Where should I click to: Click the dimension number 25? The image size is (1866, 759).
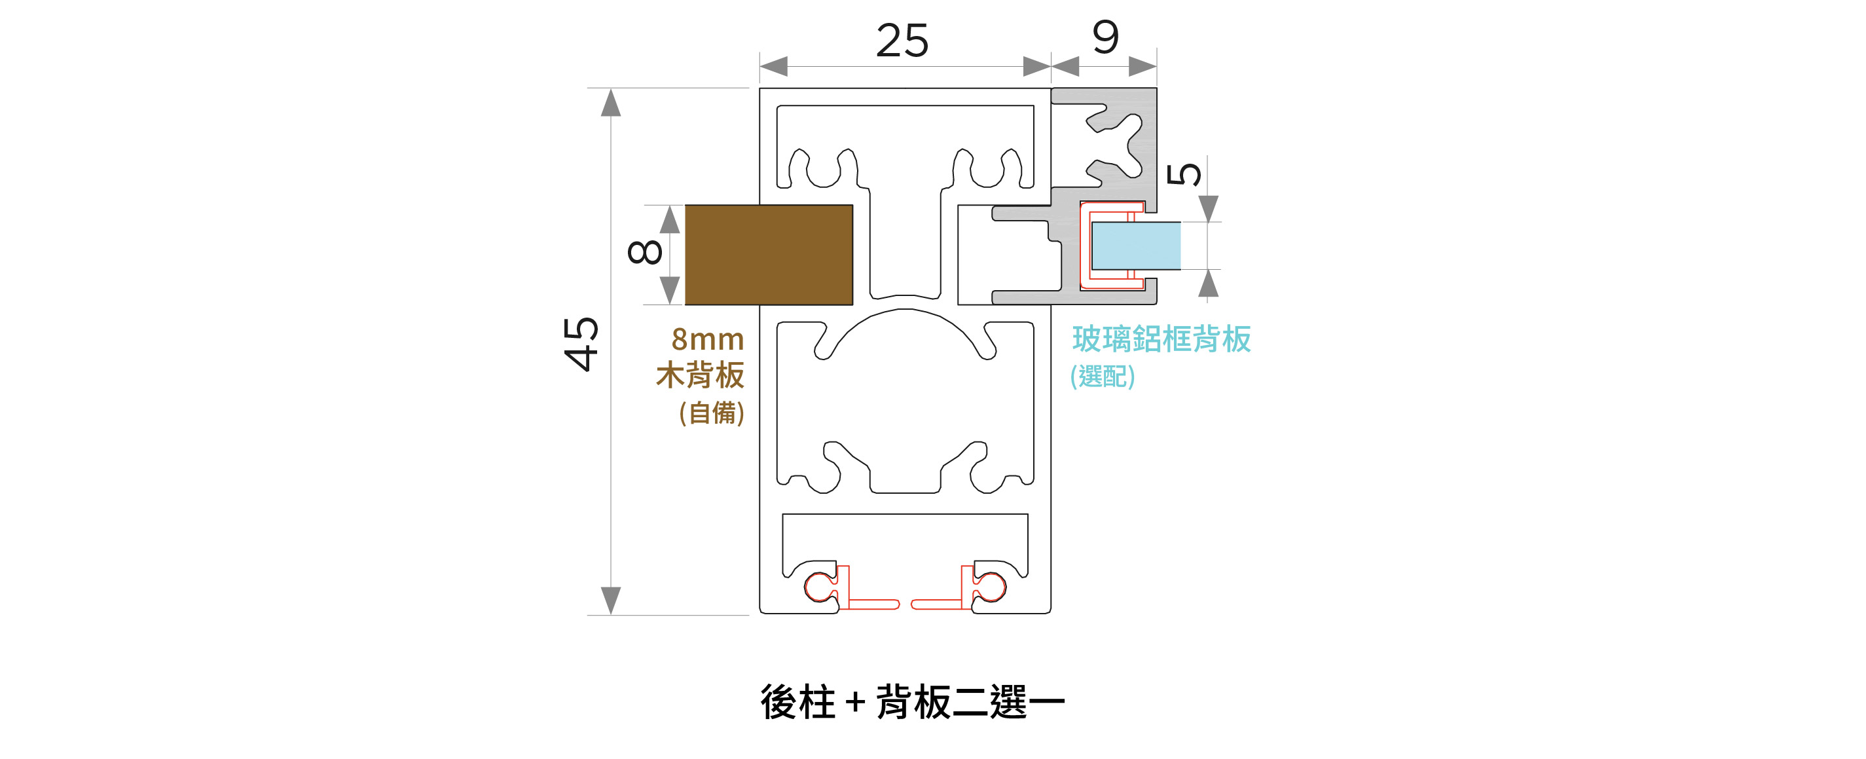(x=902, y=41)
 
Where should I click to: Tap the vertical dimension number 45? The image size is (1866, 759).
(x=581, y=344)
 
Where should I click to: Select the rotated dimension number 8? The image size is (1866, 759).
(x=645, y=252)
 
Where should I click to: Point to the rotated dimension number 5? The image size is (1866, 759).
(x=1184, y=175)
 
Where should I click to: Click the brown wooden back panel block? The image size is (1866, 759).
(x=769, y=255)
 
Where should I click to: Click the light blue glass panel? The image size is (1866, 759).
(x=1136, y=246)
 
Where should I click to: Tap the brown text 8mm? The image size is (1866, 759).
(x=708, y=339)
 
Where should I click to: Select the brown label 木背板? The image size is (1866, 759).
(x=700, y=376)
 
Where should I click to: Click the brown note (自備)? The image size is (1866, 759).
(x=711, y=413)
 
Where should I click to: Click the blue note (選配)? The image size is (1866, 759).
(x=1103, y=376)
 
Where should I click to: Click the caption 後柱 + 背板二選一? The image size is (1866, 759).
(x=913, y=702)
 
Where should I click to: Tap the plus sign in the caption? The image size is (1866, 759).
(x=855, y=703)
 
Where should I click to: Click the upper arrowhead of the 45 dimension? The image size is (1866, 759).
(x=611, y=102)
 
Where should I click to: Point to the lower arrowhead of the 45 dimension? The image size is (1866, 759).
(x=611, y=601)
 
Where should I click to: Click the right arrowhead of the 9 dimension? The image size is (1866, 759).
(x=1143, y=67)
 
